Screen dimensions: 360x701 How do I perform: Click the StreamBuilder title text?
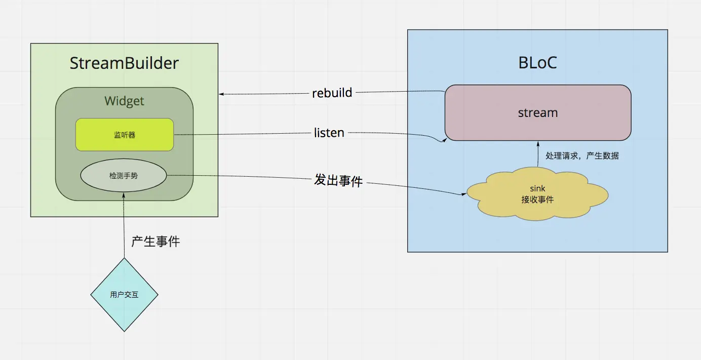pyautogui.click(x=124, y=63)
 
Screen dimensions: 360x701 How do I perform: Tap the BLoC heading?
pyautogui.click(x=537, y=62)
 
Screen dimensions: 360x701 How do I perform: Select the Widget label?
pyautogui.click(x=124, y=101)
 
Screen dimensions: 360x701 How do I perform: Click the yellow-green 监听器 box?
pyautogui.click(x=125, y=135)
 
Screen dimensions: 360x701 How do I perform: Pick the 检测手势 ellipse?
pyautogui.click(x=124, y=176)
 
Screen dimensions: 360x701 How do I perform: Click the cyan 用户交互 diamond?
pyautogui.click(x=124, y=294)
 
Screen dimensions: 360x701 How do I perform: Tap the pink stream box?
pyautogui.click(x=538, y=112)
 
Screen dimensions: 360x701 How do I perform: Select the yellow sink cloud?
pyautogui.click(x=537, y=194)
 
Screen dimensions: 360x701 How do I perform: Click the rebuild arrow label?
pyautogui.click(x=332, y=93)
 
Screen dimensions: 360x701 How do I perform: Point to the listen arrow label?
pyautogui.click(x=329, y=133)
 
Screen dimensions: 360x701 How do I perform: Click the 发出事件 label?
pyautogui.click(x=338, y=180)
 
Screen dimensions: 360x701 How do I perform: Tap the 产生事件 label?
pyautogui.click(x=155, y=242)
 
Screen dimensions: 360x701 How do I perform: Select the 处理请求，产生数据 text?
pyautogui.click(x=582, y=156)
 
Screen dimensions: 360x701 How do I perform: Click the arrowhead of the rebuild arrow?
pyautogui.click(x=221, y=94)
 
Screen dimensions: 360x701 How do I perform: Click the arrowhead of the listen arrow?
pyautogui.click(x=443, y=140)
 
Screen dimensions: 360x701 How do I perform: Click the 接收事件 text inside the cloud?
pyautogui.click(x=537, y=199)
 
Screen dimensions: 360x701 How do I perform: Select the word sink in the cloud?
pyautogui.click(x=537, y=189)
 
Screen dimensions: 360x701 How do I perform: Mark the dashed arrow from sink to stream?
pyautogui.click(x=538, y=155)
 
